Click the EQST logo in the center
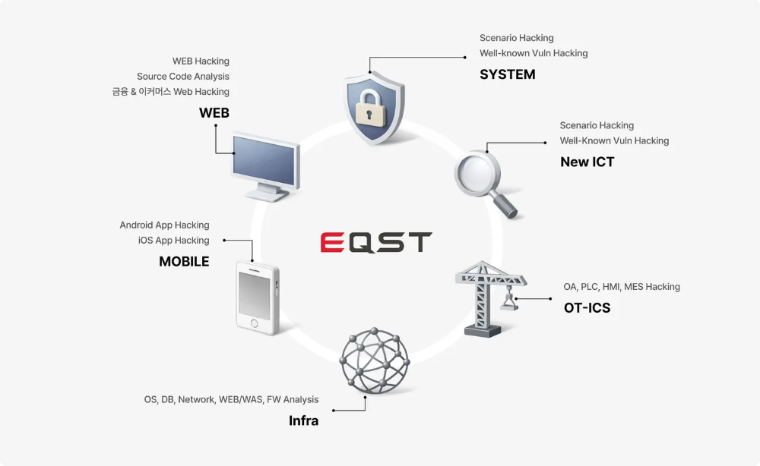(376, 242)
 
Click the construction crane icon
(490, 298)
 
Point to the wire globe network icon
(375, 361)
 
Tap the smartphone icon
(258, 298)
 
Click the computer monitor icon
(265, 167)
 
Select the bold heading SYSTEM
(508, 74)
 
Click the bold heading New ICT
(587, 162)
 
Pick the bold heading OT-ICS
(587, 308)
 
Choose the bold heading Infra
(304, 420)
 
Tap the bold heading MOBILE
(184, 261)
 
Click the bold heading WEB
(214, 113)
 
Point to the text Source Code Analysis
(182, 77)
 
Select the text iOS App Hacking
(173, 241)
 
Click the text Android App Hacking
(164, 225)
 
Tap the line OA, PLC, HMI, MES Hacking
(622, 287)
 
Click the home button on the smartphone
(255, 323)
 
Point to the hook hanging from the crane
(508, 301)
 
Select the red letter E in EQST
(332, 242)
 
